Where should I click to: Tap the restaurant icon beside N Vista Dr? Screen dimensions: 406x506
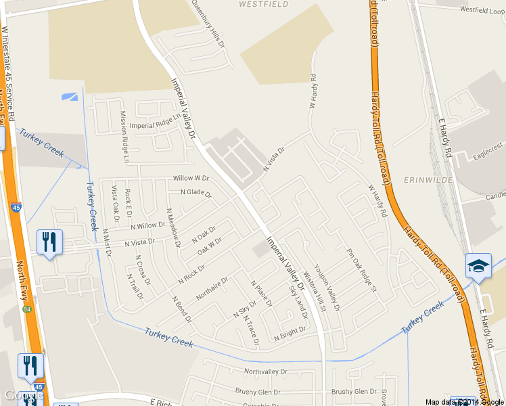click(49, 242)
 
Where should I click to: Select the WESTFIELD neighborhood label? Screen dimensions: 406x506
click(264, 4)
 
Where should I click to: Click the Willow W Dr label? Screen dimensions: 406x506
click(191, 178)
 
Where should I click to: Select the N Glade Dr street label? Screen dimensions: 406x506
click(195, 193)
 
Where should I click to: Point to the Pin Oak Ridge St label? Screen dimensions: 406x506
click(361, 270)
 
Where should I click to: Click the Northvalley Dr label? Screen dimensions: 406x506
click(266, 372)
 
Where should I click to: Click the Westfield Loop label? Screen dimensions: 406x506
click(482, 10)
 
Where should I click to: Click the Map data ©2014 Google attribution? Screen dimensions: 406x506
click(465, 402)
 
